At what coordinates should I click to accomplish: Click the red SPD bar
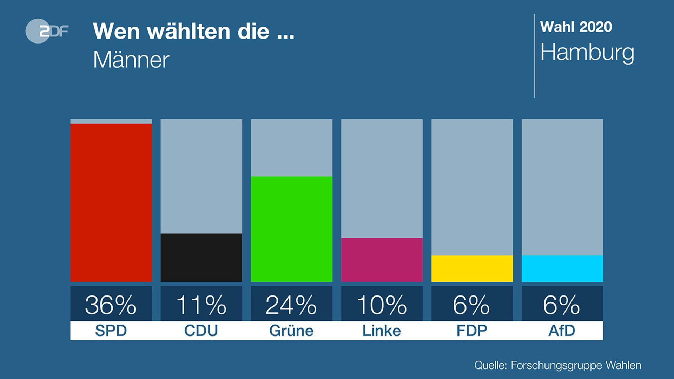111,202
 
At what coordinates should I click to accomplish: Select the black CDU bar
201,258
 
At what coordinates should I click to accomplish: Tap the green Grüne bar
291,229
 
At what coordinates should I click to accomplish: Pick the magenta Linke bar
382,260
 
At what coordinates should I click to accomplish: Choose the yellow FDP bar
472,268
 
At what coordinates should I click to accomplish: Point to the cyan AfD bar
562,268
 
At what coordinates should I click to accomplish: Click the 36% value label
111,304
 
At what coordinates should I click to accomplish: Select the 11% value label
201,304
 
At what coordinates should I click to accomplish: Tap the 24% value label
291,304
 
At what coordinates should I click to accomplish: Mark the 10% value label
382,304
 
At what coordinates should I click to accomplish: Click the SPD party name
111,331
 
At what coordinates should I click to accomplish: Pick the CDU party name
201,331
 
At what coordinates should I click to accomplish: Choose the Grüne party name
291,331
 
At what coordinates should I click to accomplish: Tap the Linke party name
382,331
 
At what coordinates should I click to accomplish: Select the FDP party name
472,331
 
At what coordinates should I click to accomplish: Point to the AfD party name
562,331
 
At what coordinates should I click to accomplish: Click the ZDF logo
47,31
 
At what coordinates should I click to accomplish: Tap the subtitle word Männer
131,60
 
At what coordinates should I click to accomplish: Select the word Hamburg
587,53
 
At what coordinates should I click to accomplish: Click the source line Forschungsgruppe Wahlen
557,365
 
